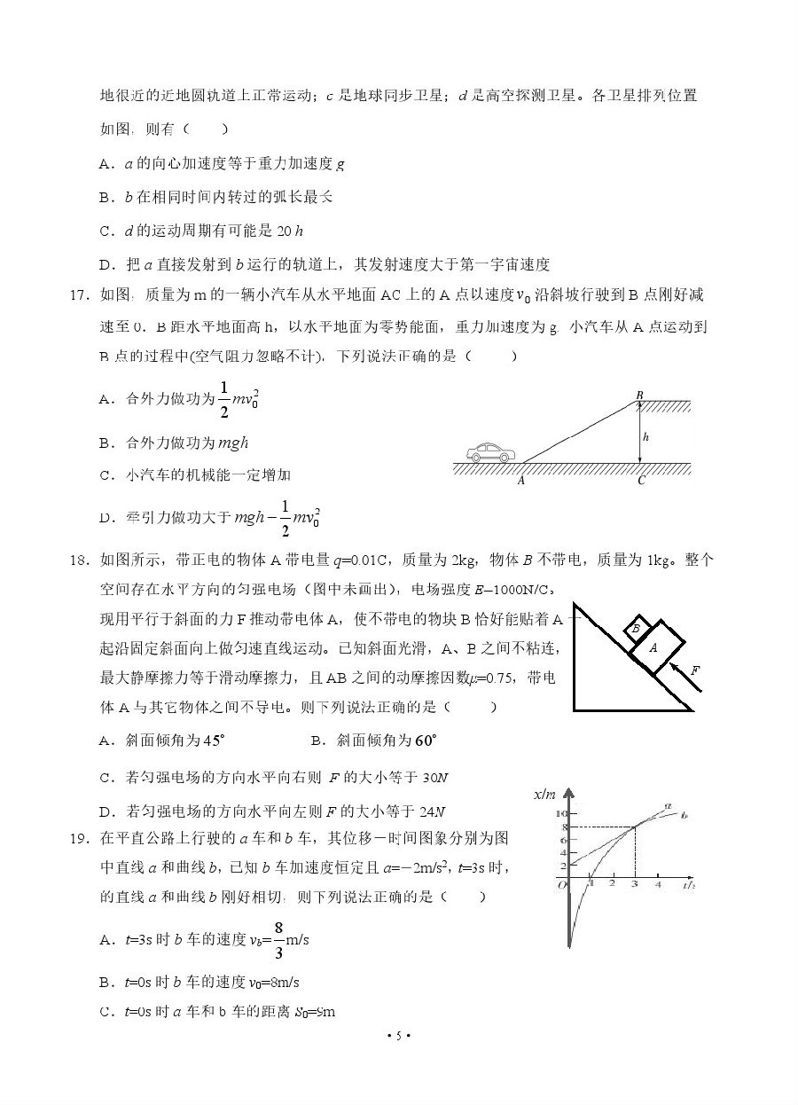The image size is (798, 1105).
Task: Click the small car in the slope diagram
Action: pyautogui.click(x=490, y=452)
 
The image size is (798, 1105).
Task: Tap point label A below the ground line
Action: pyautogui.click(x=520, y=482)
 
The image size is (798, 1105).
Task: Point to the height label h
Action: pyautogui.click(x=645, y=436)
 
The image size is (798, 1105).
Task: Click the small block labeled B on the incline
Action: pyautogui.click(x=636, y=629)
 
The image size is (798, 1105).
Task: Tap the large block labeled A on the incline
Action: pyautogui.click(x=653, y=648)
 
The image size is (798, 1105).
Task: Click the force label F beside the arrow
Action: pyautogui.click(x=695, y=670)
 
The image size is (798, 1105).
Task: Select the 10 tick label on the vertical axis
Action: pyautogui.click(x=559, y=813)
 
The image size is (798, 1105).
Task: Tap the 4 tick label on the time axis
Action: pyautogui.click(x=658, y=884)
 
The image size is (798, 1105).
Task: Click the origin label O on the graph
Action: pyautogui.click(x=559, y=885)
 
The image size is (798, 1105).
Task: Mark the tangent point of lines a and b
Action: pyautogui.click(x=634, y=827)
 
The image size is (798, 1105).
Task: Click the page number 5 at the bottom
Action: pyautogui.click(x=399, y=1036)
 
